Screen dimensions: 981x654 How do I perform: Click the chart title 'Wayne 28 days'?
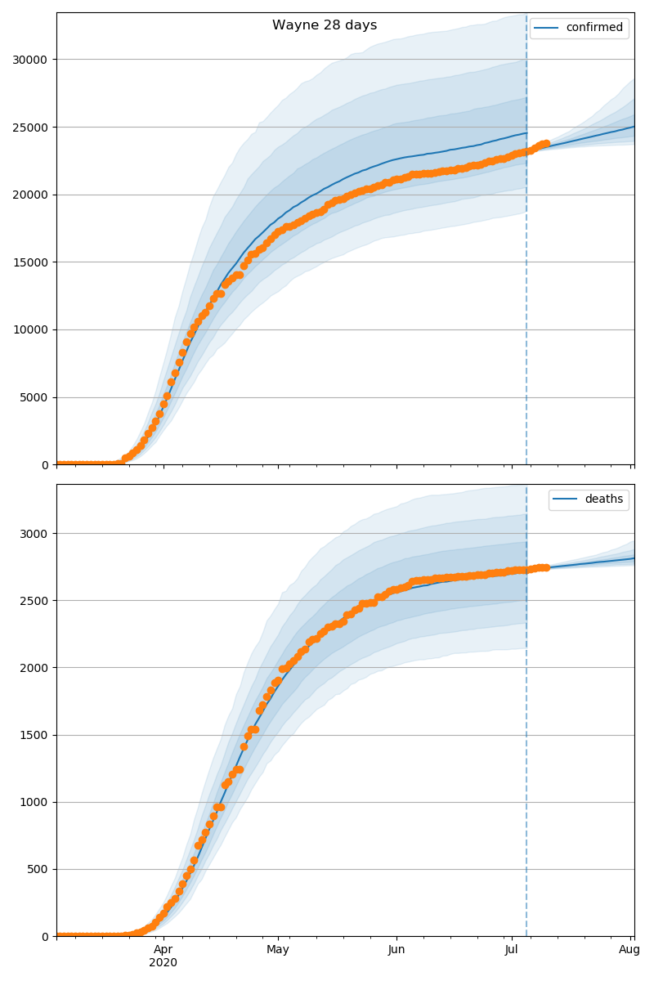tap(325, 25)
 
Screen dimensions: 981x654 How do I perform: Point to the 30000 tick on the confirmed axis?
tap(29, 60)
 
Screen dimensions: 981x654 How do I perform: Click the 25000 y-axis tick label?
tap(29, 128)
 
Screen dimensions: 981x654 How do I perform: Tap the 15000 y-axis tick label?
tap(29, 262)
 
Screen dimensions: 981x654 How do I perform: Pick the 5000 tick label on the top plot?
tap(32, 398)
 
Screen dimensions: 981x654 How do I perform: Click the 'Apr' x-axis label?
tap(163, 950)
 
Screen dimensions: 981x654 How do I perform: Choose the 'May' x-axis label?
tap(278, 950)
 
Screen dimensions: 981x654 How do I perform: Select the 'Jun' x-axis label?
tap(396, 950)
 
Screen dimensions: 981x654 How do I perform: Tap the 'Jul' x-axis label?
tap(512, 950)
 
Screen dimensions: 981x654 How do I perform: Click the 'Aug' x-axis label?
tap(629, 950)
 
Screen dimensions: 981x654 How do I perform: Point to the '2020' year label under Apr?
tap(163, 963)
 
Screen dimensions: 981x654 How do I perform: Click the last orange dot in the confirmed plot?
tap(546, 144)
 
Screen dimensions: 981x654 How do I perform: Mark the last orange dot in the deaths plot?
tap(546, 567)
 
